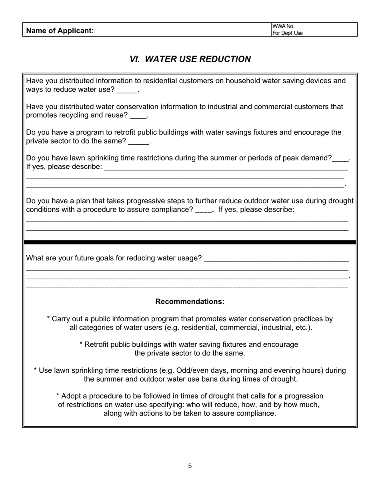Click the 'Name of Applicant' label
coord(59,31)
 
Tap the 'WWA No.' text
coord(283,26)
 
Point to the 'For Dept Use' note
coord(287,33)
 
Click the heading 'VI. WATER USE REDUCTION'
coord(190,59)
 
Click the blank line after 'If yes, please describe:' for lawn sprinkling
coord(226,168)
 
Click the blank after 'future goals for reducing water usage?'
coord(276,260)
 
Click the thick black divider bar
coord(190,242)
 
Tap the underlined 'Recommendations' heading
coord(189,302)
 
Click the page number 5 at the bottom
coord(190,466)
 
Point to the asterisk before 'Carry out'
coord(48,319)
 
